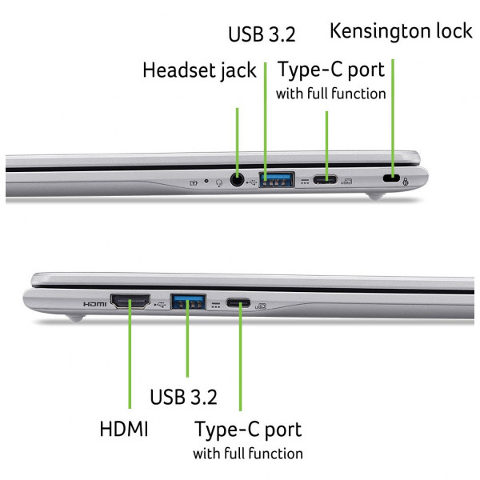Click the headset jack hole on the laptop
click(237, 180)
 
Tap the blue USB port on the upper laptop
click(277, 180)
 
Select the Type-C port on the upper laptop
click(325, 179)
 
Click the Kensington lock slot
click(391, 178)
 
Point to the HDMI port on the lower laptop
click(130, 302)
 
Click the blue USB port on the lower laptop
click(188, 302)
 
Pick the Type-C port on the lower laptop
click(238, 303)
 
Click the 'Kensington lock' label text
click(401, 31)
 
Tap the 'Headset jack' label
click(199, 70)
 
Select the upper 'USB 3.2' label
click(262, 34)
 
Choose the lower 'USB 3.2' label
click(183, 397)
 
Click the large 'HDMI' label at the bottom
click(124, 429)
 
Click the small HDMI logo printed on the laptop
click(95, 304)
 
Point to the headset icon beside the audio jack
click(219, 182)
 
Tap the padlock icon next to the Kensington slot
click(406, 182)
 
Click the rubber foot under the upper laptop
click(376, 196)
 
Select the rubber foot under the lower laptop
click(75, 318)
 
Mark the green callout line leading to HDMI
click(130, 354)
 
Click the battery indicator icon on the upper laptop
click(194, 183)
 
